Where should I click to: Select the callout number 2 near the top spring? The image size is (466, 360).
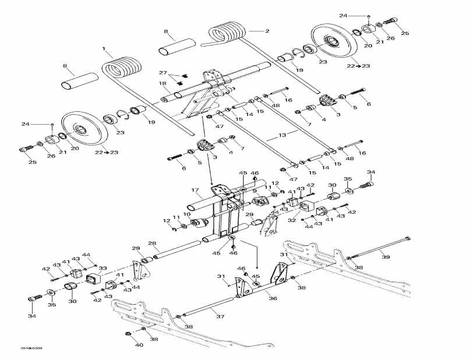(x=267, y=30)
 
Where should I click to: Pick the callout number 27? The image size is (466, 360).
(x=163, y=73)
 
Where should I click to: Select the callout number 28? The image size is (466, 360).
(x=151, y=243)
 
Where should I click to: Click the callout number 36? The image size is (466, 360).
(x=272, y=297)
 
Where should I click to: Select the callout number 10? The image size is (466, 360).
(x=186, y=214)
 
